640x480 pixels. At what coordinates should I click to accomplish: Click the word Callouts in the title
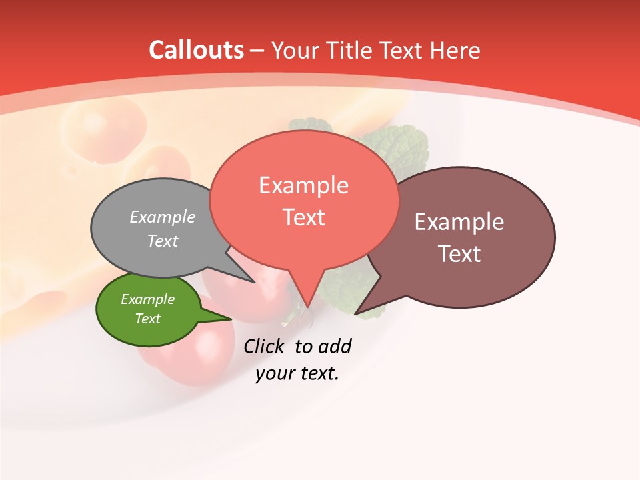[x=196, y=50]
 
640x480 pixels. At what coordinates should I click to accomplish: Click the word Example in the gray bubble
[x=162, y=217]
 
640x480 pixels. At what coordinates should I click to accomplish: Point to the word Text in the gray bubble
[x=162, y=241]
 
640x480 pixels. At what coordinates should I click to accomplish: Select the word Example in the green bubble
[x=147, y=299]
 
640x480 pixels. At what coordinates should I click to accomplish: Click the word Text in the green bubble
[x=147, y=319]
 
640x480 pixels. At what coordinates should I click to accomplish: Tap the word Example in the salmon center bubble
[x=303, y=185]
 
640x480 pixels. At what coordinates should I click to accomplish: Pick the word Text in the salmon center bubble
[x=303, y=217]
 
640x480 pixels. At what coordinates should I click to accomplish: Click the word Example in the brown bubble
[x=459, y=222]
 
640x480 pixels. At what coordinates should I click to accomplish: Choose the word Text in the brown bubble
[x=459, y=254]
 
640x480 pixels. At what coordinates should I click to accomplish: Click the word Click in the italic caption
[x=265, y=346]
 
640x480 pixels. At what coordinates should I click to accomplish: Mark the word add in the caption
[x=334, y=346]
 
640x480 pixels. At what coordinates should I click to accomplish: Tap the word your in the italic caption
[x=274, y=373]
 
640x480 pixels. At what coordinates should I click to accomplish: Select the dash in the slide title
[x=257, y=51]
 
